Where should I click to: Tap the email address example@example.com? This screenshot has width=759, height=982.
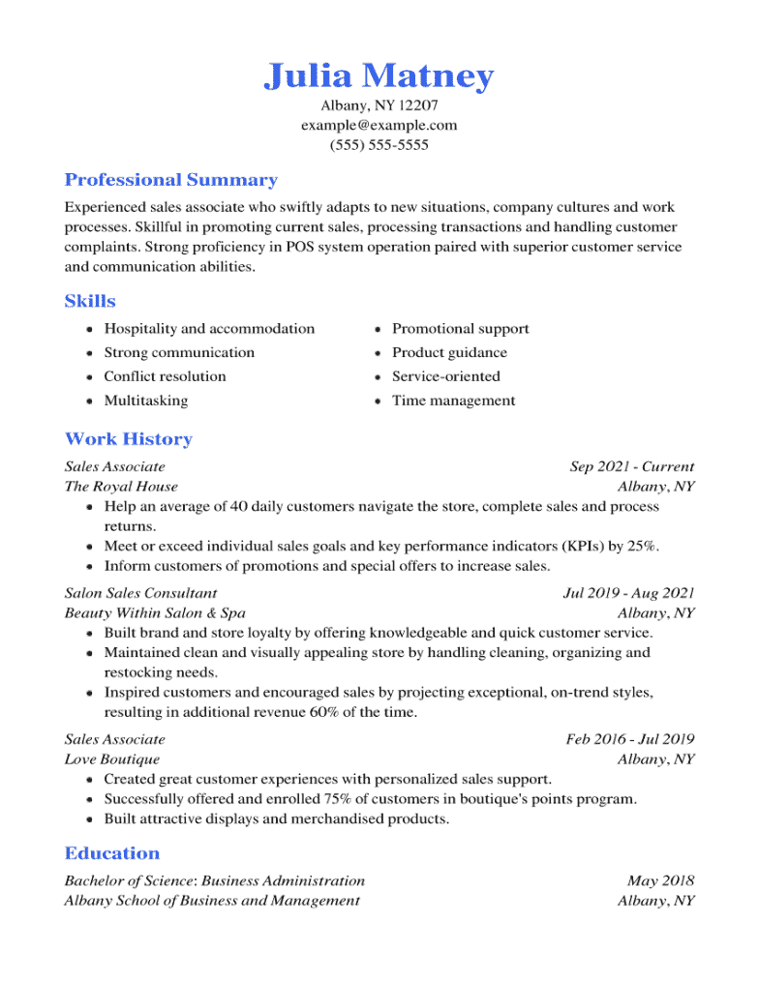379,125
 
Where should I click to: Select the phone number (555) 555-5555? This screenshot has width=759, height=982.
379,145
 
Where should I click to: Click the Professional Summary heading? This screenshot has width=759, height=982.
170,180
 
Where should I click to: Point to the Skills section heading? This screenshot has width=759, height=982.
90,301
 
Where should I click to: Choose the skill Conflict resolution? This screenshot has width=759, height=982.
165,376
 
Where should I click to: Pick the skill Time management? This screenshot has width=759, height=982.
453,401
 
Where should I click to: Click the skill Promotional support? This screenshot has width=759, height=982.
460,329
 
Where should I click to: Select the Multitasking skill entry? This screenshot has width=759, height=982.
146,401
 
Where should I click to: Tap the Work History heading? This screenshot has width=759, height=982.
128,439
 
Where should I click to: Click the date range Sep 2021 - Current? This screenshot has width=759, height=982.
631,466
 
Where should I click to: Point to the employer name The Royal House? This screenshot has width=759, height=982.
121,487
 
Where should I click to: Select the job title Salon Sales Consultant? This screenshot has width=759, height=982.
140,593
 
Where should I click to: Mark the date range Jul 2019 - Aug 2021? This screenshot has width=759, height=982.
628,593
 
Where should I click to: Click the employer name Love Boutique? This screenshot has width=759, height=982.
112,759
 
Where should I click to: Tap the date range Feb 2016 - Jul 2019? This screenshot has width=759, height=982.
630,740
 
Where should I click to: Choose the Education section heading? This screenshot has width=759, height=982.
112,853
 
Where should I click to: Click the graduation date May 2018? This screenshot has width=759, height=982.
660,880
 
